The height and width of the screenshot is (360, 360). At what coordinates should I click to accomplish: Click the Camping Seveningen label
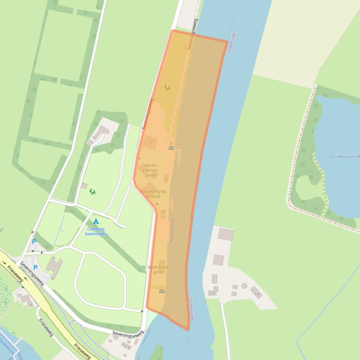click(x=96, y=231)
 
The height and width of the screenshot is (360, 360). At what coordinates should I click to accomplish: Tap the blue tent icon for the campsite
click(x=96, y=221)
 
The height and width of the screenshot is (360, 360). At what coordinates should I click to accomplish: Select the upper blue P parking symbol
click(x=34, y=242)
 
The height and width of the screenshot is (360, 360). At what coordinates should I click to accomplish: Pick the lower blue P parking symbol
click(x=35, y=267)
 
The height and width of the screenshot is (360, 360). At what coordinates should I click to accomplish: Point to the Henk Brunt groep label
click(x=158, y=269)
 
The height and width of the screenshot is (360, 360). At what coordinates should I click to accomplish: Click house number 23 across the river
click(x=212, y=293)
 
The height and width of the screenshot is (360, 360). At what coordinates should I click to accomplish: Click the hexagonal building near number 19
click(x=244, y=286)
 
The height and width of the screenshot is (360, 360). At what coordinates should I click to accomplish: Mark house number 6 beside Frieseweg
click(x=31, y=304)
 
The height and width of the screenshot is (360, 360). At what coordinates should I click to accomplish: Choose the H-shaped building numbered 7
click(x=55, y=266)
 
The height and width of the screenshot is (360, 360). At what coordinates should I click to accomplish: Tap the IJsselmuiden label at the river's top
click(x=231, y=42)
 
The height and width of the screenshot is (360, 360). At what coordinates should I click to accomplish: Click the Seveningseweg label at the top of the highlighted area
click(x=192, y=34)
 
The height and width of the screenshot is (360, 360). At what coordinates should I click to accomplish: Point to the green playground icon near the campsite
click(x=92, y=192)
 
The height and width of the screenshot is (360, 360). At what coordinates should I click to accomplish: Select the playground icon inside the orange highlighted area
click(x=167, y=87)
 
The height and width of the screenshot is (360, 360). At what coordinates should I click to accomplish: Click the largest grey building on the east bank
click(x=226, y=234)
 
